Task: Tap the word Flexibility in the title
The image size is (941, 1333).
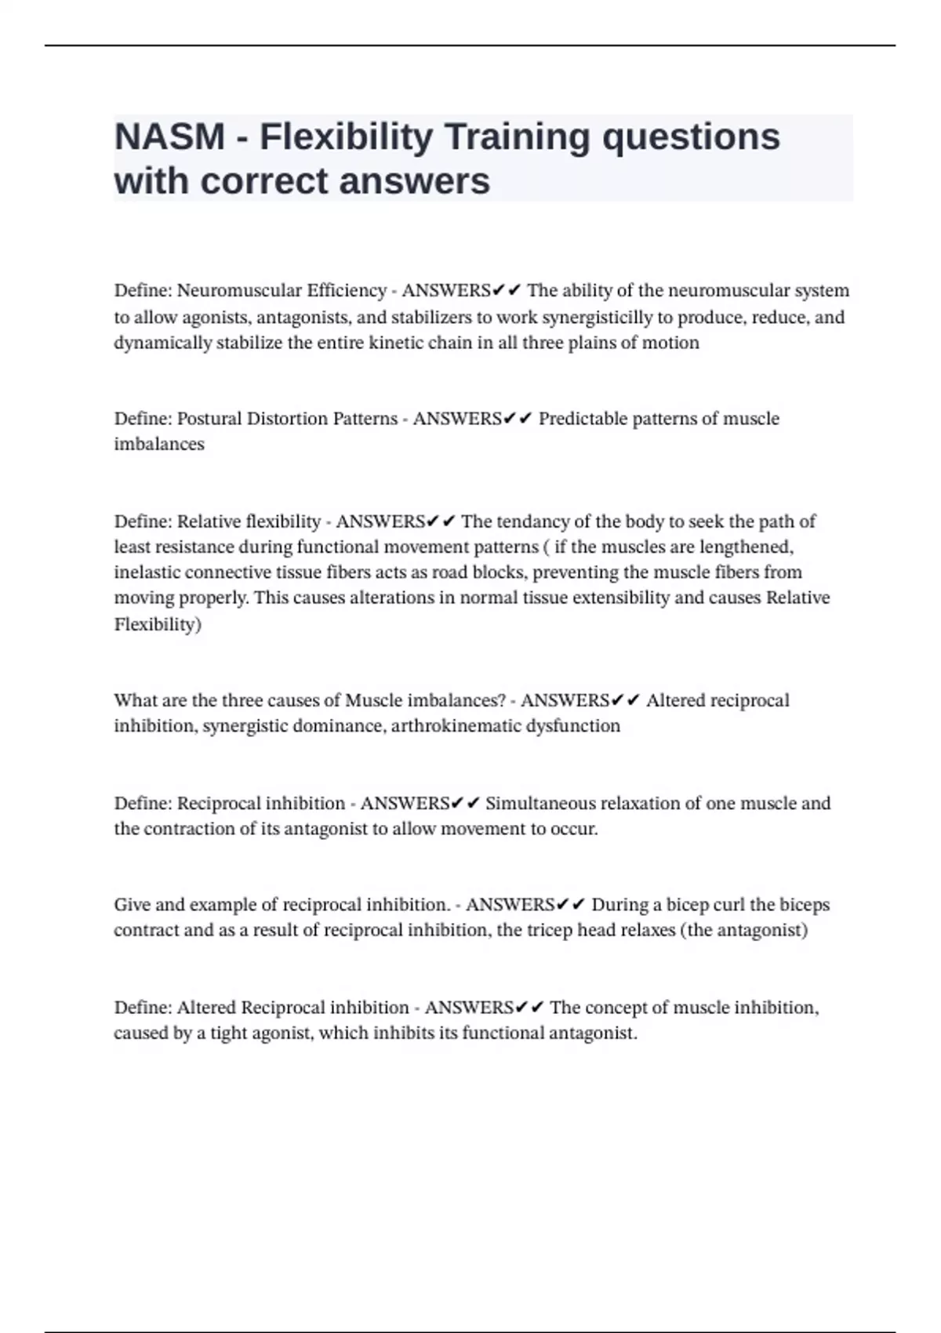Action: (346, 137)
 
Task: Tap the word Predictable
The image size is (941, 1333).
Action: (583, 419)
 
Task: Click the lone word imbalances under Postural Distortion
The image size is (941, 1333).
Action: (158, 445)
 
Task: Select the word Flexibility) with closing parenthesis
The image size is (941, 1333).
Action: (158, 625)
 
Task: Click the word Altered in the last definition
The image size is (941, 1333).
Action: (206, 1008)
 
